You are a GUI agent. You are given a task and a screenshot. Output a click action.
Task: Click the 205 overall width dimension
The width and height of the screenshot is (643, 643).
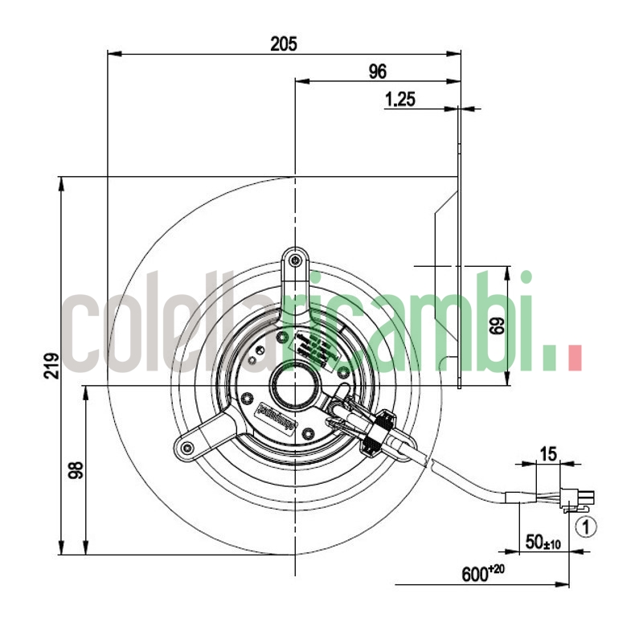tap(284, 44)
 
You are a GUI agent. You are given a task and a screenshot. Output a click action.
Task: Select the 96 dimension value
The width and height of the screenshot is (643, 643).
tap(378, 72)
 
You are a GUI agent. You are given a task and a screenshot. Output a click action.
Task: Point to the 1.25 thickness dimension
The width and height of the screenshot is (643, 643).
tap(399, 100)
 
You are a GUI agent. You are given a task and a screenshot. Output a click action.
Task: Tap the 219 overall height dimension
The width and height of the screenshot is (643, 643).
tap(50, 366)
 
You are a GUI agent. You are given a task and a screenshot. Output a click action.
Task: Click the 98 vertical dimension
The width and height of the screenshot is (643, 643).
tap(74, 470)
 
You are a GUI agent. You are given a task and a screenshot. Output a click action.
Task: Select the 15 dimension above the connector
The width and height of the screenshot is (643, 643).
tap(547, 454)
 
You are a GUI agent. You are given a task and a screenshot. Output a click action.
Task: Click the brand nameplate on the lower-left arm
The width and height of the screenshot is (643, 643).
tap(276, 417)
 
